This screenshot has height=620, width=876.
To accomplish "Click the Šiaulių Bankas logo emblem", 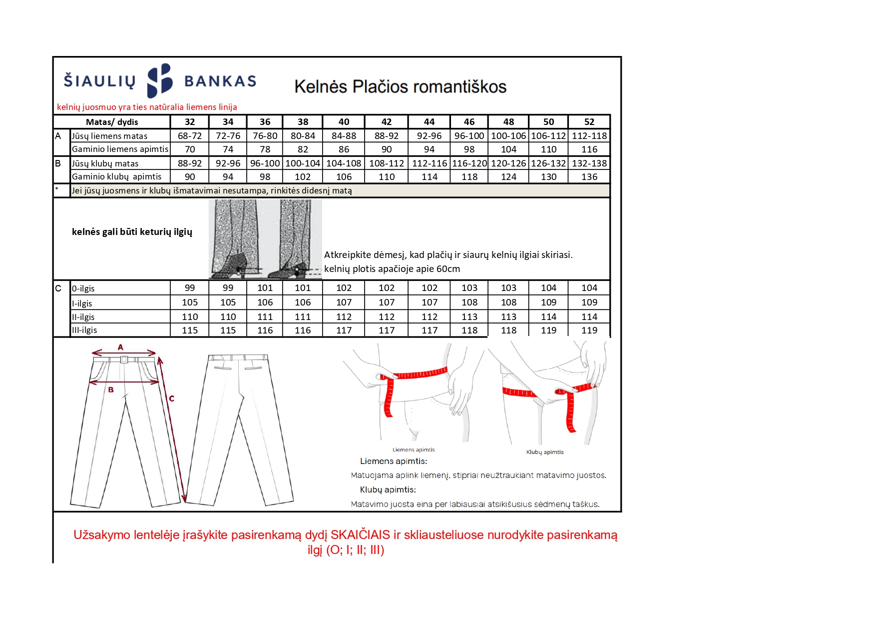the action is tap(160, 80).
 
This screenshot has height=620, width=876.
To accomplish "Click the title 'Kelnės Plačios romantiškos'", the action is tap(400, 86).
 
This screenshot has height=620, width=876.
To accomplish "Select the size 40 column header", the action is tap(344, 121).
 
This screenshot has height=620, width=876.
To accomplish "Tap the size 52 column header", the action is tap(589, 121).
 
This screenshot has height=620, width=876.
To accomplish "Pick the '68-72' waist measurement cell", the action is tap(190, 135).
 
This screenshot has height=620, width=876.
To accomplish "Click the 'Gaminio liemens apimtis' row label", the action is tap(120, 149).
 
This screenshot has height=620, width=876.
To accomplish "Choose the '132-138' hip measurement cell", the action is tap(589, 163).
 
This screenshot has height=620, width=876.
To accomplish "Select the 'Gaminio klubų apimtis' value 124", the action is tap(508, 176).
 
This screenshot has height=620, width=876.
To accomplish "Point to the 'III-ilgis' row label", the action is tap(84, 330).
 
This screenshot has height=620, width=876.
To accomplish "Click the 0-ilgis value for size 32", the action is tap(190, 287).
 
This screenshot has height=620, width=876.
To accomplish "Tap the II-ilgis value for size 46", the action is tap(469, 316).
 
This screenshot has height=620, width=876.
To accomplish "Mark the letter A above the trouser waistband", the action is tap(120, 347).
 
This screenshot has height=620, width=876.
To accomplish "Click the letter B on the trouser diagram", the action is tap(111, 389).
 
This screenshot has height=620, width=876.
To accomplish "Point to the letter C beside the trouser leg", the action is tap(171, 398).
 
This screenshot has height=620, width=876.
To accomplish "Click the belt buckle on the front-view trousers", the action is tap(124, 359).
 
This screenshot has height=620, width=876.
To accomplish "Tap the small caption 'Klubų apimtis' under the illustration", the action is tap(545, 452).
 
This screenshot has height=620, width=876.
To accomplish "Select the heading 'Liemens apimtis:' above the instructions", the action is tap(394, 461).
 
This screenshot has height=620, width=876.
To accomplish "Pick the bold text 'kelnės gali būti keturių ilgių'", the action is tap(132, 231).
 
